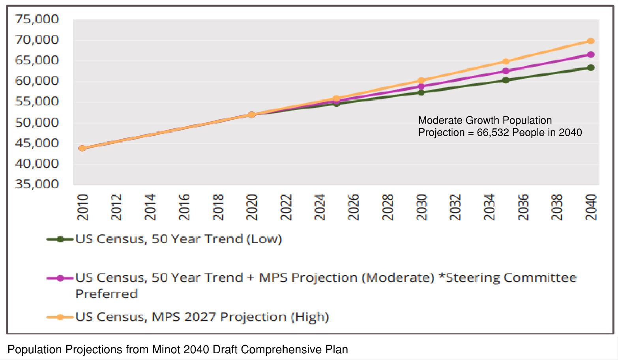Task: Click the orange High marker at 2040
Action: (x=591, y=41)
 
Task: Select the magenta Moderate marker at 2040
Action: (x=591, y=54)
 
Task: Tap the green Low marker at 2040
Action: (x=591, y=68)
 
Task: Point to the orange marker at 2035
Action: (x=506, y=62)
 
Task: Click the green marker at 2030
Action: (x=421, y=92)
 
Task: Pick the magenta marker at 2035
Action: (x=506, y=71)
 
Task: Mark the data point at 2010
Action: (x=82, y=148)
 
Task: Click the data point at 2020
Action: (x=251, y=115)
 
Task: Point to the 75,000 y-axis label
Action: (x=37, y=19)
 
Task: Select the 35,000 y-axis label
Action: (x=37, y=184)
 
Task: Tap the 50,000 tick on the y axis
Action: (x=37, y=122)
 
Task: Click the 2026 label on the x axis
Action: (x=354, y=207)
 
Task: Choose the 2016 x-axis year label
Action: (x=184, y=207)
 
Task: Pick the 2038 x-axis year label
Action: (x=557, y=207)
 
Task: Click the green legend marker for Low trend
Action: (x=60, y=239)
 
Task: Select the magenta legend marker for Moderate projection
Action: (x=60, y=278)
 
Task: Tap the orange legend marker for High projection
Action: (x=60, y=317)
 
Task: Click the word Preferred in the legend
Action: (x=107, y=294)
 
